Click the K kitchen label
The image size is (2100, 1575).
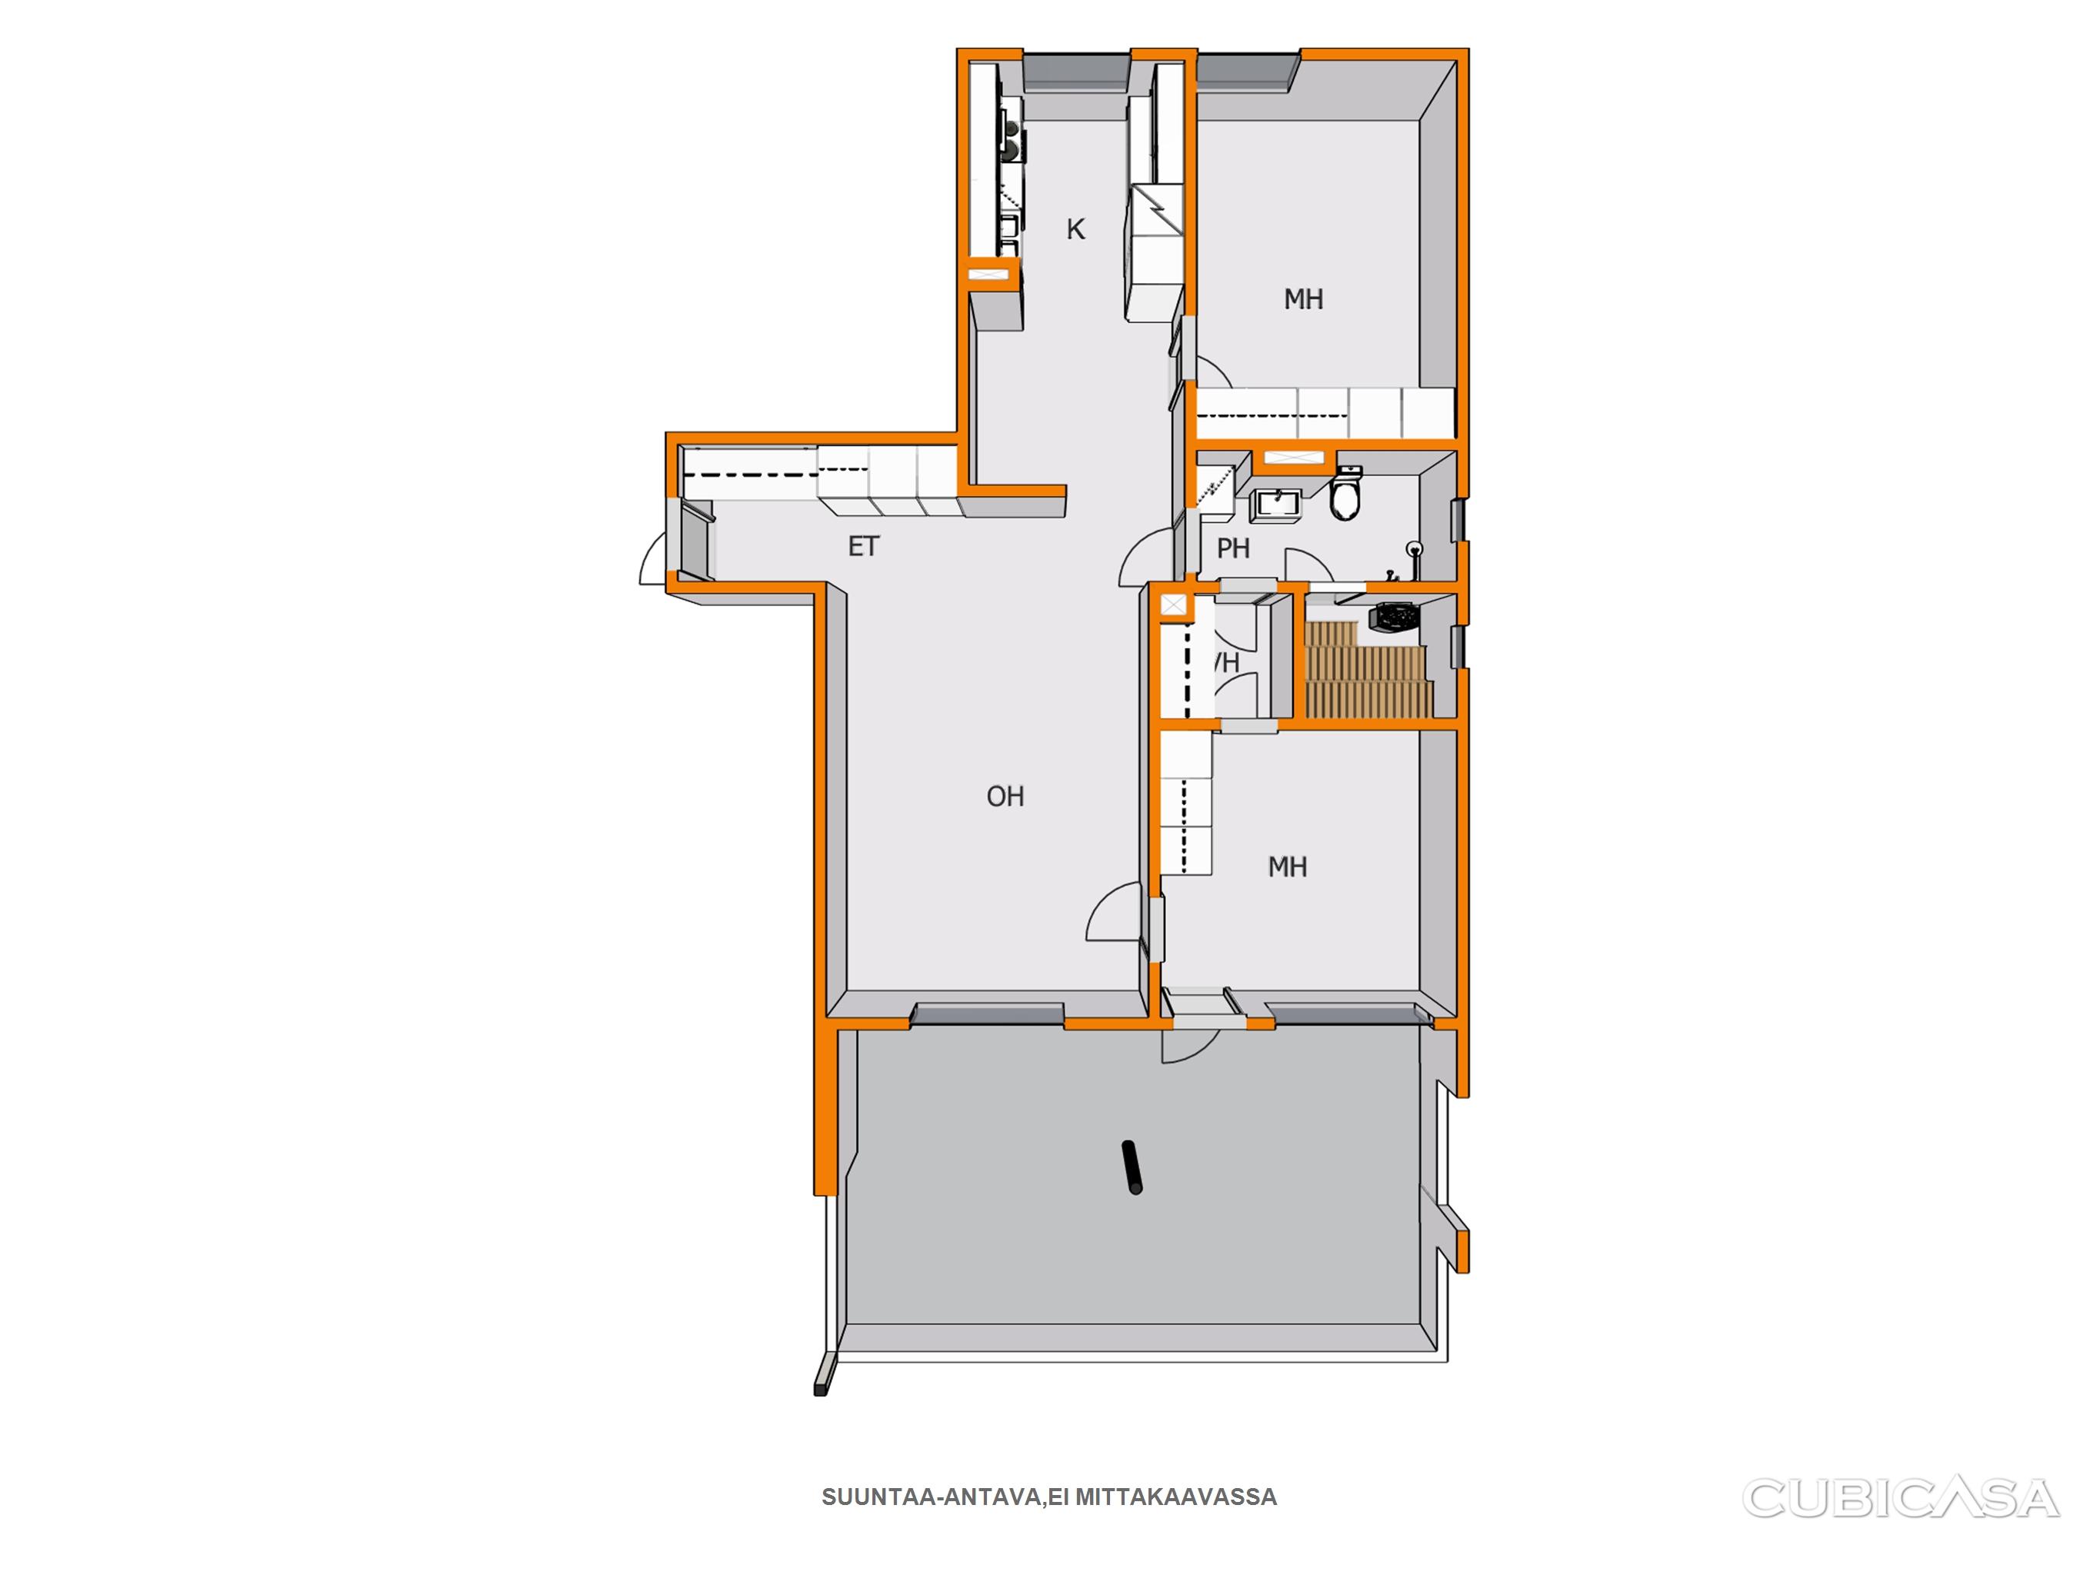[1075, 229]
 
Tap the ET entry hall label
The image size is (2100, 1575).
[864, 547]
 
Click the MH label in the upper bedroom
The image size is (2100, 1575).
[1304, 299]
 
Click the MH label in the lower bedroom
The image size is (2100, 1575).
[1288, 867]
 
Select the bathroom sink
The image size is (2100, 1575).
[1278, 505]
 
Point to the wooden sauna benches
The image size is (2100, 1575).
[1367, 668]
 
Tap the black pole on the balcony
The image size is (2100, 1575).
[1132, 1167]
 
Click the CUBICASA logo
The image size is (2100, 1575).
[1900, 1497]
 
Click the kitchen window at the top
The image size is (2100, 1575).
[1075, 72]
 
